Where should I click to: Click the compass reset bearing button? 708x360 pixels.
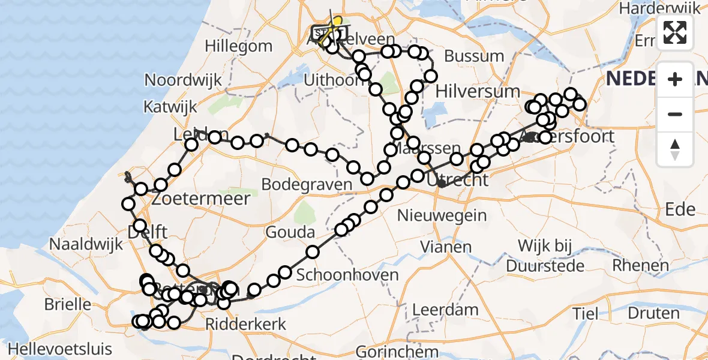(x=675, y=149)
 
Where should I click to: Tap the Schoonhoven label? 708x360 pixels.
(x=347, y=275)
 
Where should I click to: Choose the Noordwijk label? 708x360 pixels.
(x=183, y=80)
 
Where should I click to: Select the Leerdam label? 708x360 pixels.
(x=445, y=310)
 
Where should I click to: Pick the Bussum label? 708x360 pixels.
(x=474, y=56)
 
